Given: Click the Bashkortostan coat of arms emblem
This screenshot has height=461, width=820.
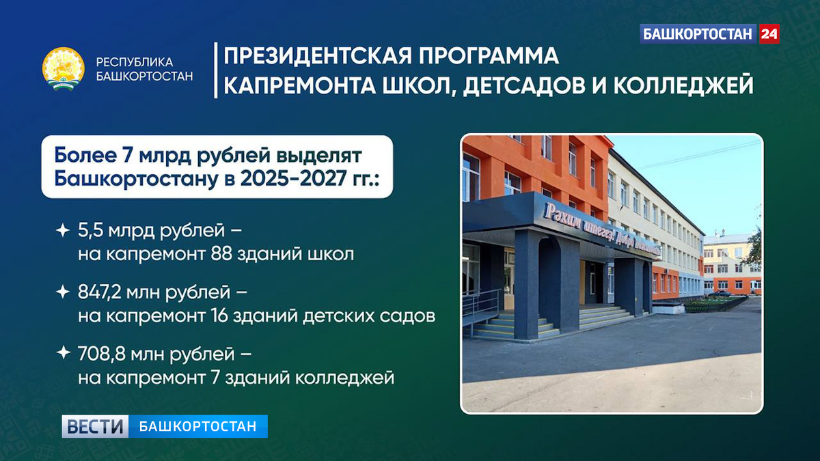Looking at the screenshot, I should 64,70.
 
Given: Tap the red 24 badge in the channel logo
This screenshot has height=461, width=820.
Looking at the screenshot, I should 769,33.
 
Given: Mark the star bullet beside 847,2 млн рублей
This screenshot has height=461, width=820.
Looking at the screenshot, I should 62,293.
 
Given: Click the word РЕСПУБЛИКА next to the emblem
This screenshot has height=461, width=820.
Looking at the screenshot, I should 135,62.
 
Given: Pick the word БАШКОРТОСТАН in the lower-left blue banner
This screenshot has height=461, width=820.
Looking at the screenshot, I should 197,427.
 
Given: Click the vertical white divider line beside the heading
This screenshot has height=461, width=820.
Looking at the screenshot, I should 216,70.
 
